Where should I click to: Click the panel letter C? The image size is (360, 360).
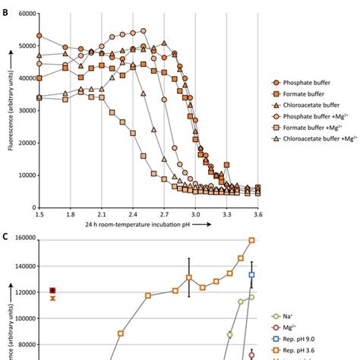[5, 235]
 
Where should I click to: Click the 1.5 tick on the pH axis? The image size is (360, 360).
[39, 216]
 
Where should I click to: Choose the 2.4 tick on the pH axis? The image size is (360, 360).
[133, 216]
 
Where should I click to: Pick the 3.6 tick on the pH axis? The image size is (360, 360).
[258, 216]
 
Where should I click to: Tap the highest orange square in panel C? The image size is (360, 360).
[252, 240]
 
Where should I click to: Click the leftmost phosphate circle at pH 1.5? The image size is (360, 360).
[39, 36]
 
